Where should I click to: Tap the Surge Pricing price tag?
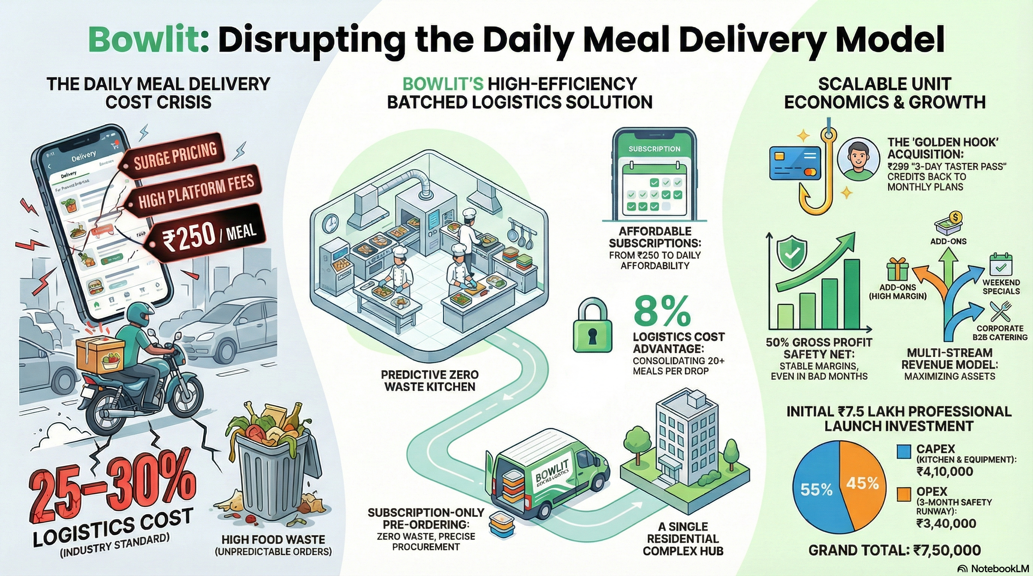pos(175,155)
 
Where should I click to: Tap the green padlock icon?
pos(592,327)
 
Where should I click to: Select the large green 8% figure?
pos(662,312)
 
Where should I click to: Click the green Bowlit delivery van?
pos(550,477)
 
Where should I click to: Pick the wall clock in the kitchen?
pos(331,223)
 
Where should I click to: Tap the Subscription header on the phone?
pos(654,149)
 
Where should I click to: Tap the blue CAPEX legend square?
pos(903,451)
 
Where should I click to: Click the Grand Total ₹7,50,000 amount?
pos(947,550)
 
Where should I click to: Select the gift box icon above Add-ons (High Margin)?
pos(897,269)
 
